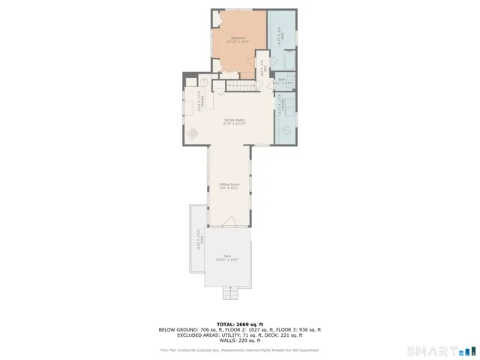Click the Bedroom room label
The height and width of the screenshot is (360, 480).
[238, 39]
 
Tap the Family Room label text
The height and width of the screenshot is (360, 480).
[235, 122]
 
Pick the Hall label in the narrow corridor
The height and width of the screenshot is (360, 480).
[262, 69]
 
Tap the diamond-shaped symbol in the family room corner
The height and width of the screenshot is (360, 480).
[192, 134]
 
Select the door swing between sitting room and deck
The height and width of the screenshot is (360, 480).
[229, 221]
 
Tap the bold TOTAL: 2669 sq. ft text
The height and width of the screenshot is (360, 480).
[239, 324]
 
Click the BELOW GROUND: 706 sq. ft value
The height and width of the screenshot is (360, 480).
[189, 329]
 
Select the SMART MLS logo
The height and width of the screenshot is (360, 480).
[441, 350]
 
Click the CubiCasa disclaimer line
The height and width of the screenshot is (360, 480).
[239, 349]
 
